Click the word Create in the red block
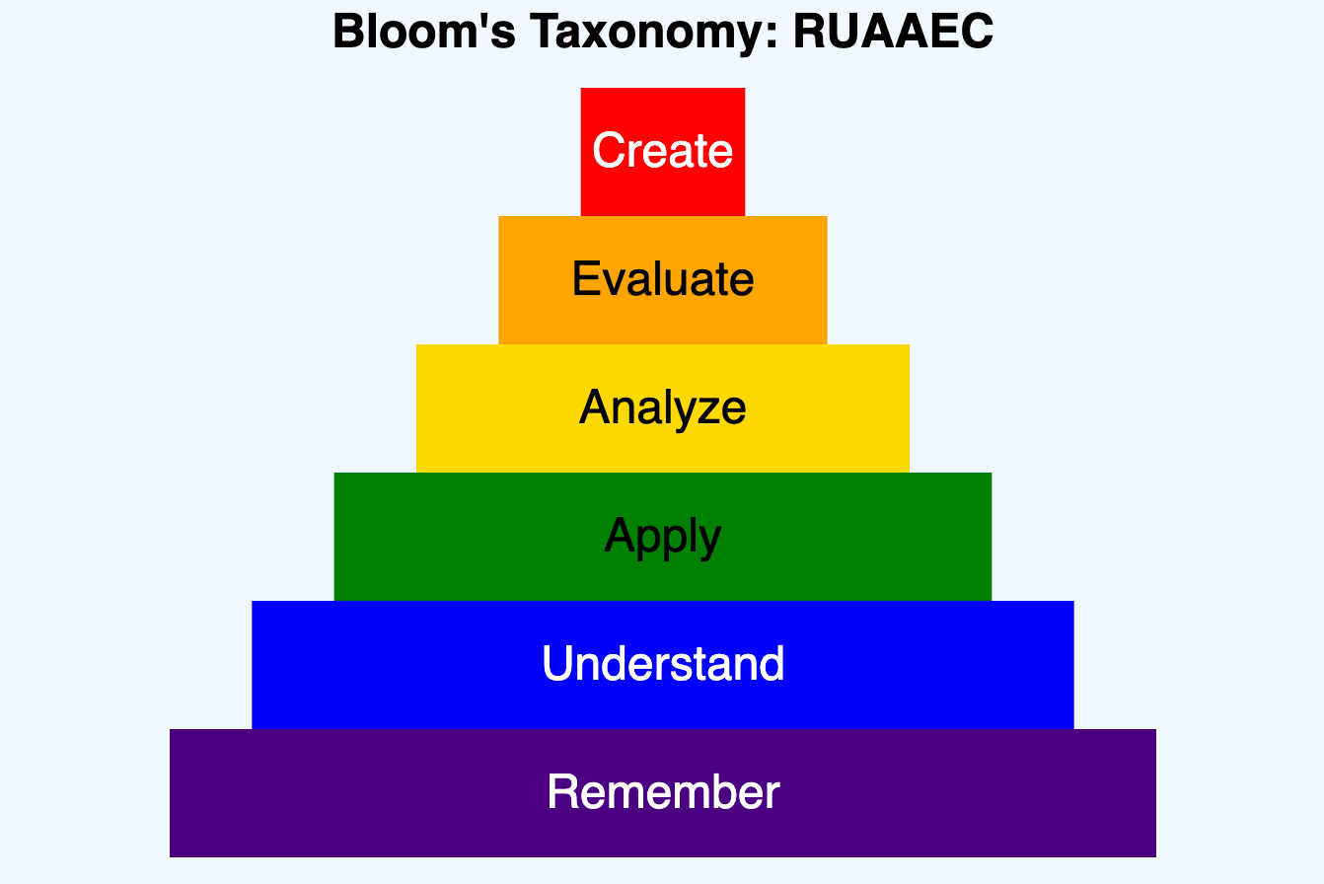pyautogui.click(x=662, y=151)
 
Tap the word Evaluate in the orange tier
pyautogui.click(x=662, y=279)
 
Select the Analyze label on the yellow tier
pyautogui.click(x=662, y=407)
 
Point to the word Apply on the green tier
pyautogui.click(x=662, y=537)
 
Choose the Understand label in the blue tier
pyautogui.click(x=662, y=664)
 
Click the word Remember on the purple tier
pyautogui.click(x=662, y=792)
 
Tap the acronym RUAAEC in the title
pyautogui.click(x=893, y=32)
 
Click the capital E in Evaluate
pyautogui.click(x=584, y=279)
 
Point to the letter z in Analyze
pyautogui.click(x=705, y=408)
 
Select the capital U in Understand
pyautogui.click(x=557, y=664)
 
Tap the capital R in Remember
pyautogui.click(x=562, y=792)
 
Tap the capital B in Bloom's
pyautogui.click(x=347, y=32)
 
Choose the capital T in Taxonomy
pyautogui.click(x=541, y=32)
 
